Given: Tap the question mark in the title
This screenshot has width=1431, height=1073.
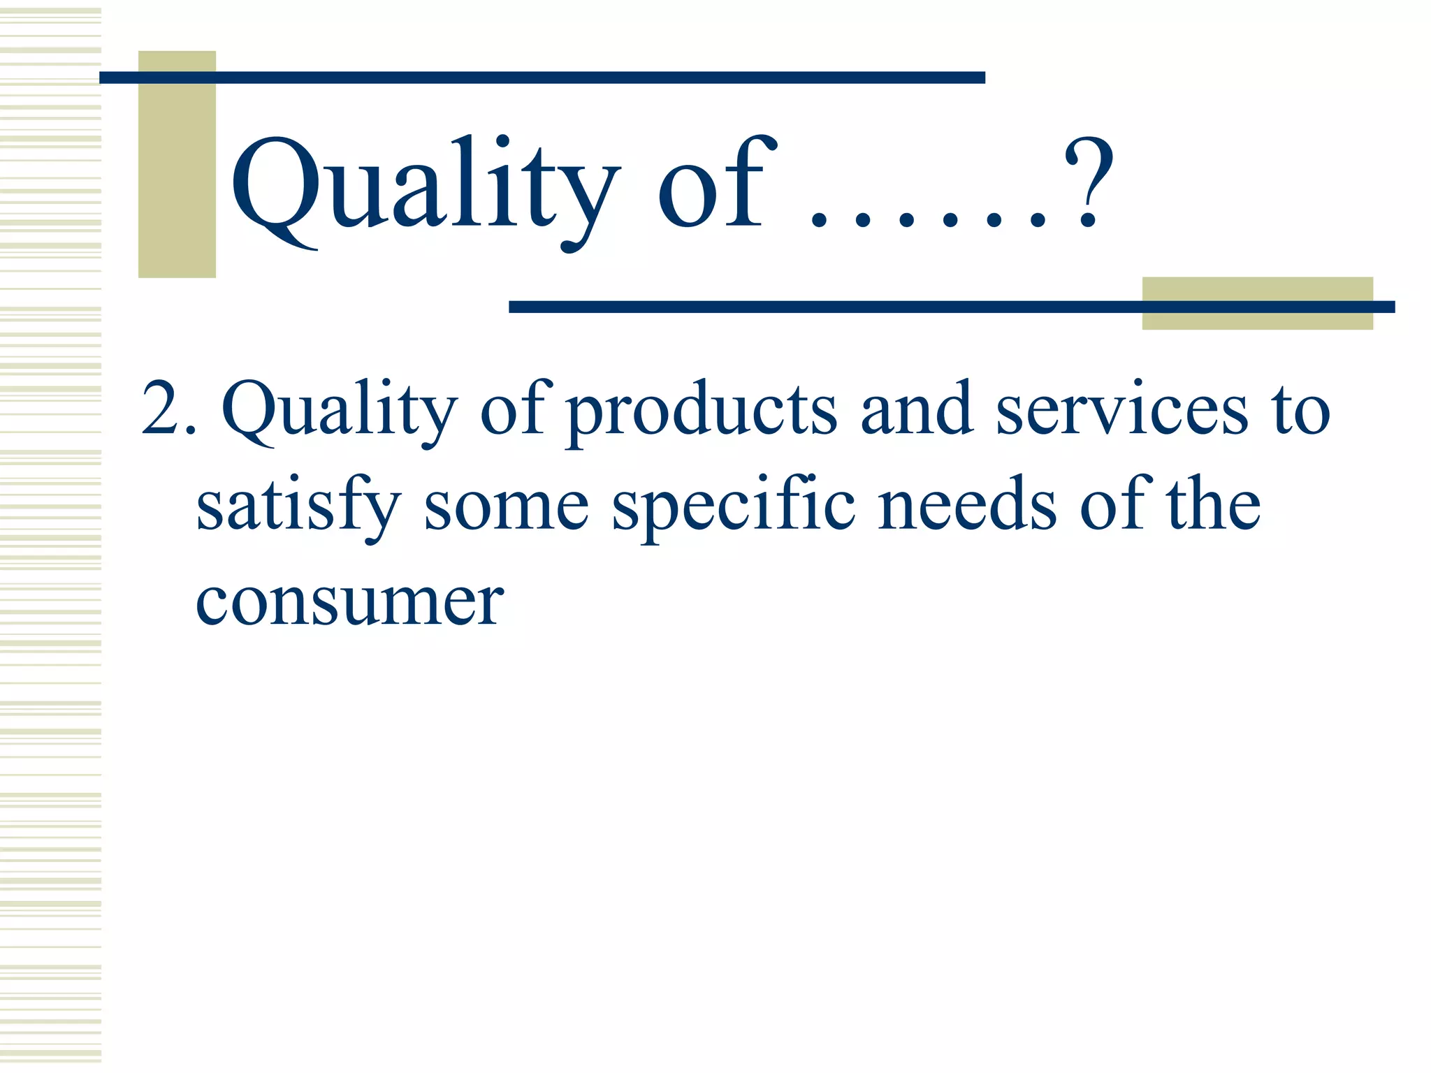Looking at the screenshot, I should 1087,183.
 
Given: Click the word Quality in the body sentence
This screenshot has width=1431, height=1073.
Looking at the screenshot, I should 340,412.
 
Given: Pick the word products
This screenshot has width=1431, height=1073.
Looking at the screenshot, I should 702,412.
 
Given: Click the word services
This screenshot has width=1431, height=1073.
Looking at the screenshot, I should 1121,409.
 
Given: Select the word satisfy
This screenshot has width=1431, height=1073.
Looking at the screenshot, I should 298,506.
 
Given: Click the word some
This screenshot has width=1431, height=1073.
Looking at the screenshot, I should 507,506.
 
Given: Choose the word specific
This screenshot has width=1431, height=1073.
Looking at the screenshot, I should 734,506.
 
